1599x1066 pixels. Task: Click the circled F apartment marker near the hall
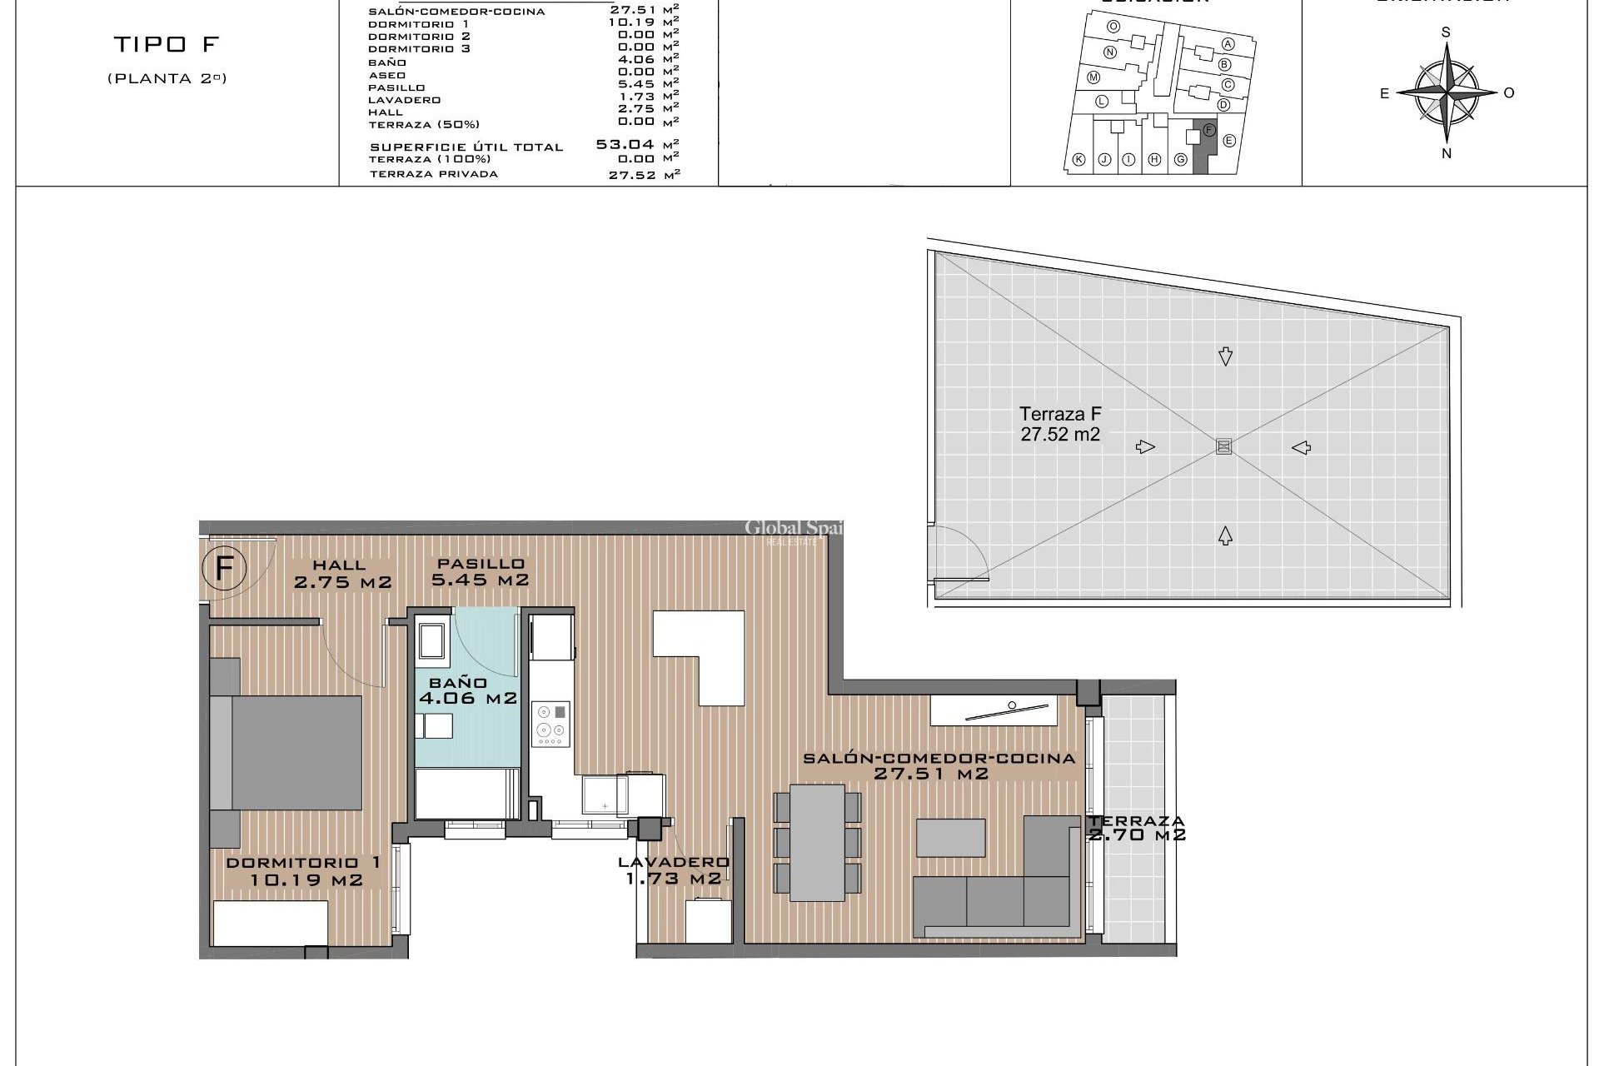(x=223, y=570)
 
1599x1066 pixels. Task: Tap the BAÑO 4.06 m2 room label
(x=467, y=690)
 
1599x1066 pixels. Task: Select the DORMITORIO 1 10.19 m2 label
(x=305, y=871)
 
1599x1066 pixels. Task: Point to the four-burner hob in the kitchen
(x=551, y=723)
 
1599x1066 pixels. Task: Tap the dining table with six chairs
(x=817, y=842)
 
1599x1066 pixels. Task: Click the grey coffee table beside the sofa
(x=950, y=838)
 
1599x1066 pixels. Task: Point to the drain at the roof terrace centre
(x=1223, y=447)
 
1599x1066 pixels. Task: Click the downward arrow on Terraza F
(x=1225, y=356)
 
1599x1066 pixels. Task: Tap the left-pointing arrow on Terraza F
(x=1302, y=447)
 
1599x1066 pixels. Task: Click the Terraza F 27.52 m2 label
(x=1060, y=424)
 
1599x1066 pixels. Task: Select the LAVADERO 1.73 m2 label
(x=674, y=870)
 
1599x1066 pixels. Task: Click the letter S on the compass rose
(x=1446, y=32)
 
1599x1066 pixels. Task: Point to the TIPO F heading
(x=166, y=44)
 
